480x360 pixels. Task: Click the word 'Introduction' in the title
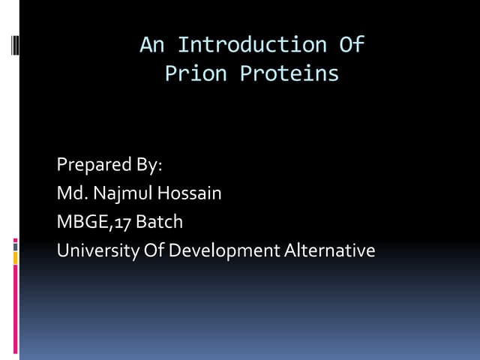tap(253, 45)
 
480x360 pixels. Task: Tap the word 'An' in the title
tap(151, 45)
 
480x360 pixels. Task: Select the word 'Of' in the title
tap(352, 45)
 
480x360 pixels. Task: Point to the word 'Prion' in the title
tap(196, 74)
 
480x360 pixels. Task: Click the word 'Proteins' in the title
tap(289, 74)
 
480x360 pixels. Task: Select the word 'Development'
tap(224, 250)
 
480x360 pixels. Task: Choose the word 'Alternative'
tap(330, 250)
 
